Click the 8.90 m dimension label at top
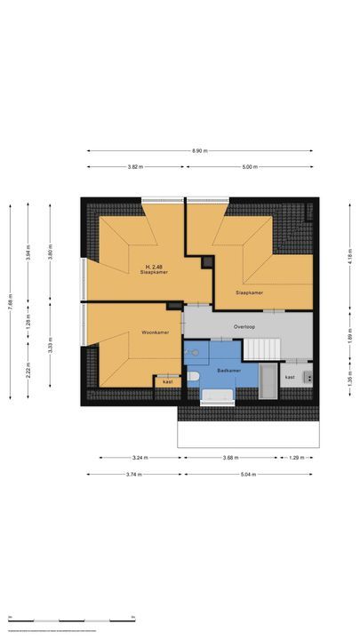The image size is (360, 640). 199,151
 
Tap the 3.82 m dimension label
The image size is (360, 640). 134,167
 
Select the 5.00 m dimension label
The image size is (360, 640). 249,167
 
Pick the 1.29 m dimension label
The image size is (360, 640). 296,458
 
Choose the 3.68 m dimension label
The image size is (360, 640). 231,458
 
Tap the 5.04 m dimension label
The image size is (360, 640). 245,475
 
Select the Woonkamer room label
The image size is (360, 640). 130,333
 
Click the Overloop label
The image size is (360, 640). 245,326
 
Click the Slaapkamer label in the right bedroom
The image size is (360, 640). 249,292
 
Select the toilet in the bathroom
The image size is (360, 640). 193,377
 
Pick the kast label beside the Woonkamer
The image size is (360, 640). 167,382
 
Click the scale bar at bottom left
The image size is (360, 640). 71,618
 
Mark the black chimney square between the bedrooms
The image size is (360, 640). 208,262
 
